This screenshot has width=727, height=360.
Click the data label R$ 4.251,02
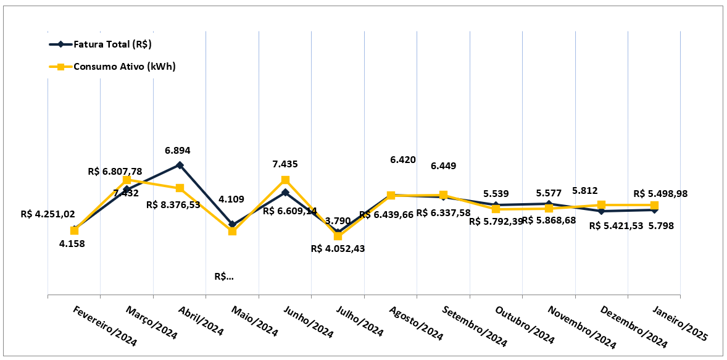pos(48,214)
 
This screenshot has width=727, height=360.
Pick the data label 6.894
pos(177,150)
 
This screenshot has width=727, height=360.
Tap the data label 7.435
pos(285,164)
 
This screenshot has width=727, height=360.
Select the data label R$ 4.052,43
pos(338,248)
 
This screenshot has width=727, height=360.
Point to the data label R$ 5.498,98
pos(660,194)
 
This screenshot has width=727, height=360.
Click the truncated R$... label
pos(224,277)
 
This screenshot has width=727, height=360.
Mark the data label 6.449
pos(443,166)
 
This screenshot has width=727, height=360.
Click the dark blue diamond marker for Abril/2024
pos(180,165)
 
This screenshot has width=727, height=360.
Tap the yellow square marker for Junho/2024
pos(285,180)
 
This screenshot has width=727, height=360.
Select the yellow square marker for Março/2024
pos(127,180)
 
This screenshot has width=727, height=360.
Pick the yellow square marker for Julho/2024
pos(338,236)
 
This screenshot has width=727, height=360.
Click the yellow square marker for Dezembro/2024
pos(601,204)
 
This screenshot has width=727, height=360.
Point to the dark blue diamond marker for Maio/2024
pos(232,225)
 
